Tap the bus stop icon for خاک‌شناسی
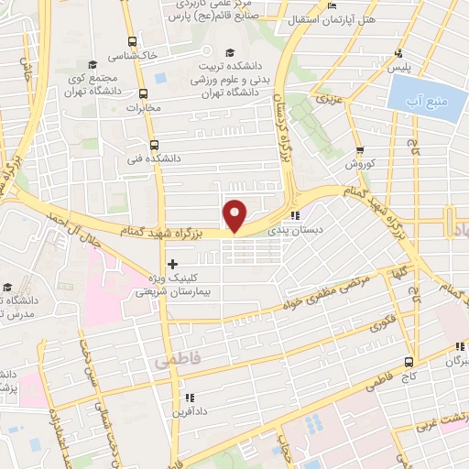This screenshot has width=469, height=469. pyautogui.click(x=134, y=41)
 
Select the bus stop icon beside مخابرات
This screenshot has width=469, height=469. pyautogui.click(x=144, y=93)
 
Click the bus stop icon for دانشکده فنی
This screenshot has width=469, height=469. pyautogui.click(x=153, y=144)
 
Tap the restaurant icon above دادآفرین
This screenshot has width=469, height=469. pyautogui.click(x=189, y=398)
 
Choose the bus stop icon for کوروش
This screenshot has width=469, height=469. pyautogui.click(x=360, y=150)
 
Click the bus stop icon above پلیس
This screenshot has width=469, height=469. pyautogui.click(x=398, y=54)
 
